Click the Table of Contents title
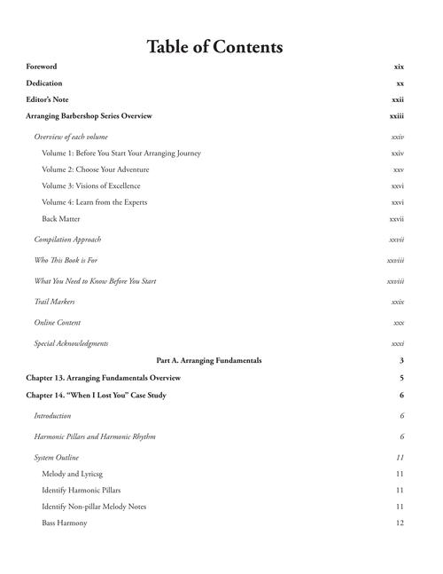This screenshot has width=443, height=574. pyautogui.click(x=214, y=47)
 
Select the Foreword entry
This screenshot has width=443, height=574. pyautogui.click(x=42, y=67)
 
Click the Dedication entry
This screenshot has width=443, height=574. pyautogui.click(x=44, y=83)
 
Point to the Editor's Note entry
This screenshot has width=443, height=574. pyautogui.click(x=47, y=99)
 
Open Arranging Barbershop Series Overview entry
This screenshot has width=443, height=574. pyautogui.click(x=89, y=116)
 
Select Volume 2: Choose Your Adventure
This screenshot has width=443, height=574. pyautogui.click(x=96, y=169)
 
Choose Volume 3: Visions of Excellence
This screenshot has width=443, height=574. pyautogui.click(x=91, y=186)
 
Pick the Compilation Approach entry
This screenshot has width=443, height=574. pyautogui.click(x=67, y=240)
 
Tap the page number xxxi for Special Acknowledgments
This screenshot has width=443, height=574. pyautogui.click(x=398, y=343)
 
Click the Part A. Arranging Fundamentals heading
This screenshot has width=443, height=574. pyautogui.click(x=209, y=361)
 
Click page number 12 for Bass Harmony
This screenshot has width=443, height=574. pyautogui.click(x=400, y=523)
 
